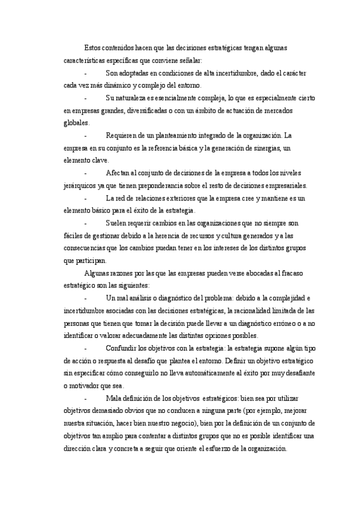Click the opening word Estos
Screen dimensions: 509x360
[93, 47]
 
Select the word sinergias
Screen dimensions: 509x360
[268, 148]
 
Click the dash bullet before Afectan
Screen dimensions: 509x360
[87, 173]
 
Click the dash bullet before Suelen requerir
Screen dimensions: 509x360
[87, 223]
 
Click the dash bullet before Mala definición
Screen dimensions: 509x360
[87, 399]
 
